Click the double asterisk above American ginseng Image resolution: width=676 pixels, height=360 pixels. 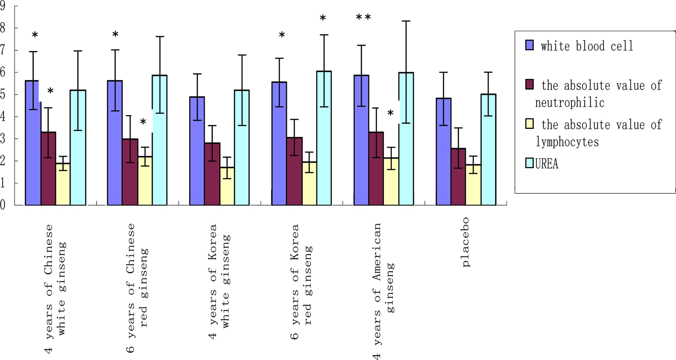(x=364, y=17)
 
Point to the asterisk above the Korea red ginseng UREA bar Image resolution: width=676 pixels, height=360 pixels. (x=323, y=18)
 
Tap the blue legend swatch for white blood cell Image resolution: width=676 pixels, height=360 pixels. (x=530, y=45)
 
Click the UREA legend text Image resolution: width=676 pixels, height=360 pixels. (x=546, y=164)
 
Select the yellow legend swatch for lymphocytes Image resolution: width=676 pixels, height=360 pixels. (x=530, y=123)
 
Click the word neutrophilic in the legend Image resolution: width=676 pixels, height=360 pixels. (x=570, y=103)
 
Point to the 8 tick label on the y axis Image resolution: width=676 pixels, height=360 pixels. (x=3, y=28)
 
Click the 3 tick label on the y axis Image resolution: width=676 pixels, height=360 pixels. (x=3, y=139)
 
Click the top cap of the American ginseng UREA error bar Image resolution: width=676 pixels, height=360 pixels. (x=406, y=21)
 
